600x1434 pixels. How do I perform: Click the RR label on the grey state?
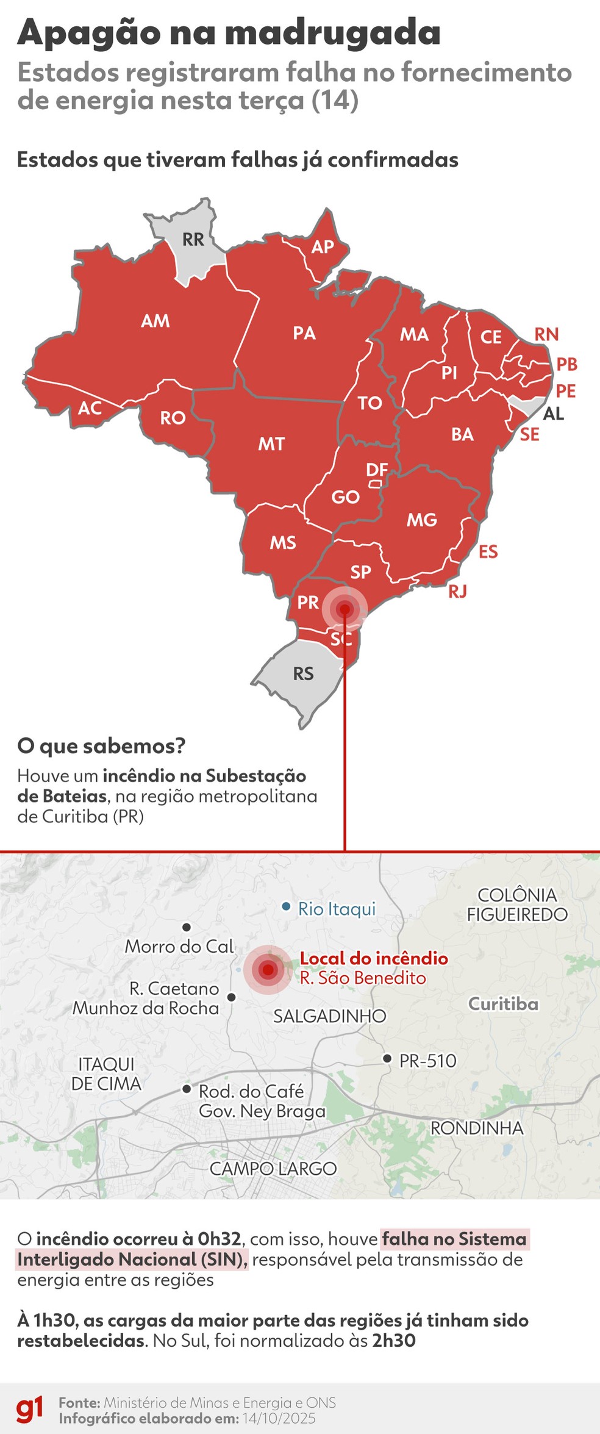[x=193, y=240]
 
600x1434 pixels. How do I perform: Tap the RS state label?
[x=303, y=674]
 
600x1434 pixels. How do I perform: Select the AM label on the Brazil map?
[x=155, y=321]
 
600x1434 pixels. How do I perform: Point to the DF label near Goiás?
[x=377, y=470]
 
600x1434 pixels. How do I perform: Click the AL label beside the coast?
[x=554, y=414]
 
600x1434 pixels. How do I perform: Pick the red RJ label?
[x=458, y=591]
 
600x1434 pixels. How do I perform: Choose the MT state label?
[x=271, y=444]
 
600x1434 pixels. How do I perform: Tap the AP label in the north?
[x=323, y=246]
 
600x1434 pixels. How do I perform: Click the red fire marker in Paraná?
[x=345, y=609]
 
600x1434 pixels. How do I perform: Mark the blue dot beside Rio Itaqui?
[x=286, y=907]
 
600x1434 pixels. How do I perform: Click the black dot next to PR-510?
[x=387, y=1058]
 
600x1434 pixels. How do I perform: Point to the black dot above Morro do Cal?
[x=187, y=927]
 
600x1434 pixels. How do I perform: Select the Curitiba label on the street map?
[x=503, y=1004]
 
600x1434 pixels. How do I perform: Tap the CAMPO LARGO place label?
[x=273, y=1169]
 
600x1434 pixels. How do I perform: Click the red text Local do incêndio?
[x=374, y=958]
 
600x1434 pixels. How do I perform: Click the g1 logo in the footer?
[x=30, y=1410]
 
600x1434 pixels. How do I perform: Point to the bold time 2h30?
[x=394, y=1341]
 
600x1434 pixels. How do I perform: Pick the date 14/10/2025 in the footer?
[x=279, y=1418]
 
